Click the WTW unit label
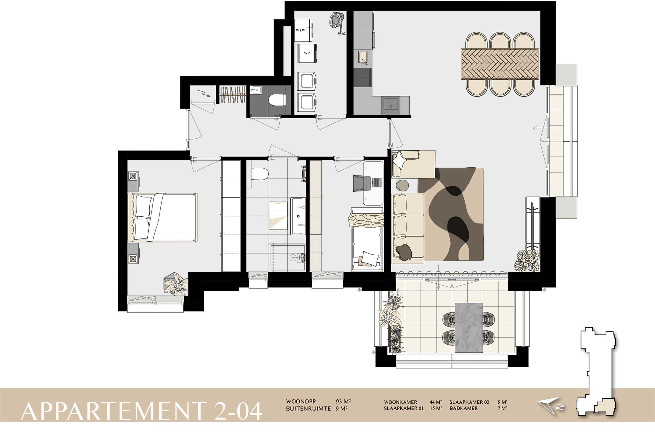pos(300,30)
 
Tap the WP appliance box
pos(307,53)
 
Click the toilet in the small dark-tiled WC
pos(277,100)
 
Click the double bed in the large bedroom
pos(162,217)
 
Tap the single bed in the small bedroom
pos(367,239)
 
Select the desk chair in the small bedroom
pos(362,183)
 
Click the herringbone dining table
pos(500,64)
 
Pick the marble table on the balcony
pos(469,328)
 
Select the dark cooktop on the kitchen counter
pos(363,78)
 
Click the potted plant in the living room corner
pos(526,260)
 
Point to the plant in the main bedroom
pos(176,284)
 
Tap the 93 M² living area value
pos(343,401)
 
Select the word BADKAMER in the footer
pos(464,408)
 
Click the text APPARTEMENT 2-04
pos(141,411)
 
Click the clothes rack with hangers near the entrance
pos(233,95)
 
